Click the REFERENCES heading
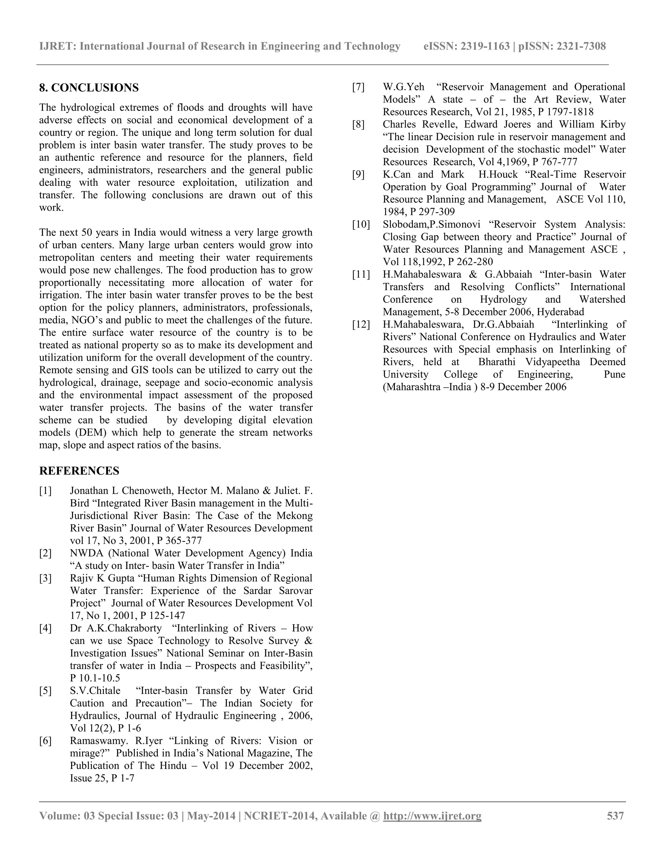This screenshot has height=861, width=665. pos(79,471)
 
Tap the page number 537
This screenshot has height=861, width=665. pos(615,816)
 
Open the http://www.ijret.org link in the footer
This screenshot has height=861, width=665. pos(432,816)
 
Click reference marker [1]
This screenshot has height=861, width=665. pos(45,491)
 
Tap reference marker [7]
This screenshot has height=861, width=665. pos(358,87)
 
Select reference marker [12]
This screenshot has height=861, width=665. pos(361,325)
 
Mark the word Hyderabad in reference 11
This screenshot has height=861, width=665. pos(560,312)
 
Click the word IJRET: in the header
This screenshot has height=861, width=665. pos(57,46)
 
